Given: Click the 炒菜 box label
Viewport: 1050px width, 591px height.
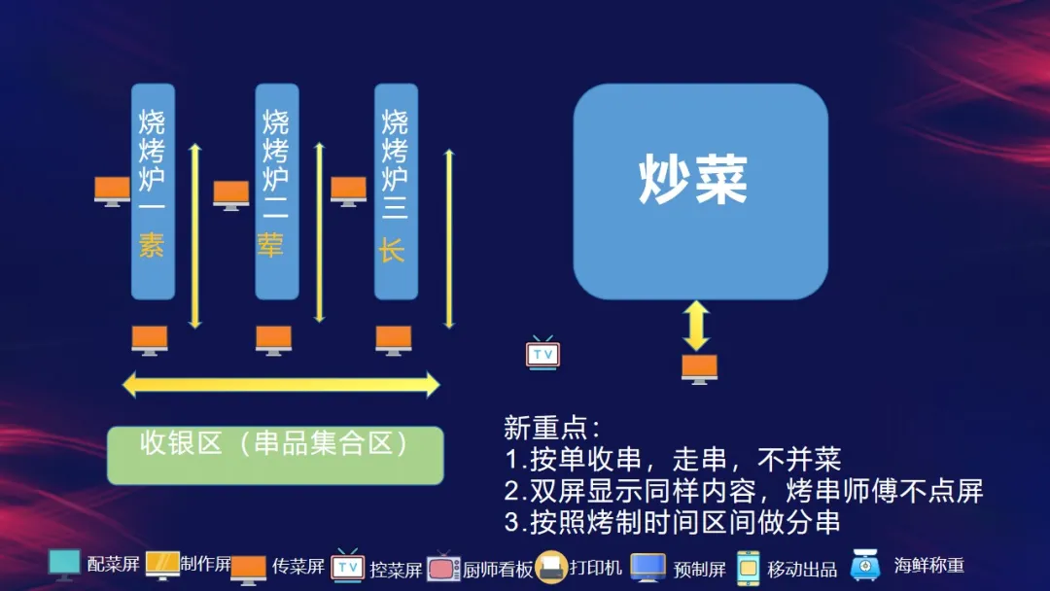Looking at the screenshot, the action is [693, 179].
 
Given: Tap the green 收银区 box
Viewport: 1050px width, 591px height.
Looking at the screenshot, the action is [275, 455].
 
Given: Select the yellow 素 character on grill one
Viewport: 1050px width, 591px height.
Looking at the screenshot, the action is [152, 245].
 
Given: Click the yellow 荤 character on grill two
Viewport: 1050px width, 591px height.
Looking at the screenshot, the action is [270, 245].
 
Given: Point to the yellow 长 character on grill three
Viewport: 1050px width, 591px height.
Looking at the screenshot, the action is [392, 251].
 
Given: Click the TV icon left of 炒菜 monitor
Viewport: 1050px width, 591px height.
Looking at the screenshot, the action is [542, 353].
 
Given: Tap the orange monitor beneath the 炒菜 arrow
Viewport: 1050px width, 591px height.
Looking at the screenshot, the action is [699, 369].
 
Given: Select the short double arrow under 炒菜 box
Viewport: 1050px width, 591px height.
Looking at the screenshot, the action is [696, 326].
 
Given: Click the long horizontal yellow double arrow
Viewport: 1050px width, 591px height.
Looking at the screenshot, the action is [281, 385].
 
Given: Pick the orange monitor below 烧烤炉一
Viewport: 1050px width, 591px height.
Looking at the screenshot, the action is [150, 340].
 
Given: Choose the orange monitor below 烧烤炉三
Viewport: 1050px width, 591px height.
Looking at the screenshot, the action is [393, 340].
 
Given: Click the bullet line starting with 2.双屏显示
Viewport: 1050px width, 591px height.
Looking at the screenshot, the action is [744, 491].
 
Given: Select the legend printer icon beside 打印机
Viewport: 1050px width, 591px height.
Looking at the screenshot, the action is [551, 568].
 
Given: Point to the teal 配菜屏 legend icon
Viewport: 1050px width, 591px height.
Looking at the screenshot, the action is [64, 565].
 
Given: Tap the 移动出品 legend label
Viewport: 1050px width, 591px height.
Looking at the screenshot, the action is [802, 570].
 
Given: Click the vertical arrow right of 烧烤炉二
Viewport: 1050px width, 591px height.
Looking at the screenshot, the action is [320, 232].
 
